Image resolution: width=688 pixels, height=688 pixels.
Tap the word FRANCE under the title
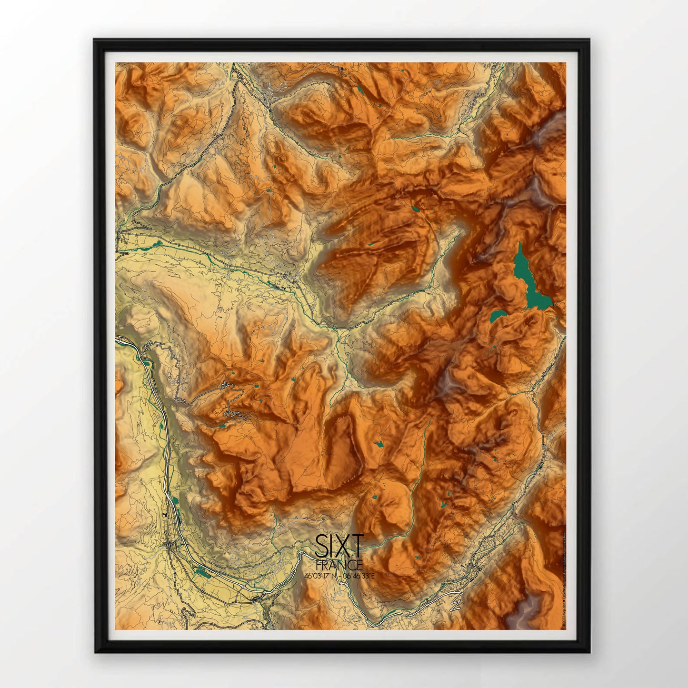click(x=339, y=565)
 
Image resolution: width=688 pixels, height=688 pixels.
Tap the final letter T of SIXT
click(x=356, y=546)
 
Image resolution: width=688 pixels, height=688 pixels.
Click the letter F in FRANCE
click(x=319, y=565)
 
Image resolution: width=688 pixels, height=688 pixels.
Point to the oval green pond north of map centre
click(x=416, y=208)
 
